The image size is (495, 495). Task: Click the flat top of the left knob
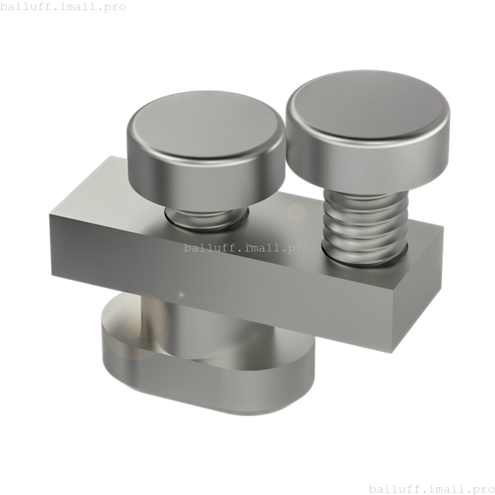pos(205,124)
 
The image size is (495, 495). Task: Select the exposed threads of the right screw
pos(364,228)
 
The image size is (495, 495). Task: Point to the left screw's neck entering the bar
pos(205,218)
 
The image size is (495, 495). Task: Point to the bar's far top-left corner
pos(111,157)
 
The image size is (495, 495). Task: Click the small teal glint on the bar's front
pos(181,295)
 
